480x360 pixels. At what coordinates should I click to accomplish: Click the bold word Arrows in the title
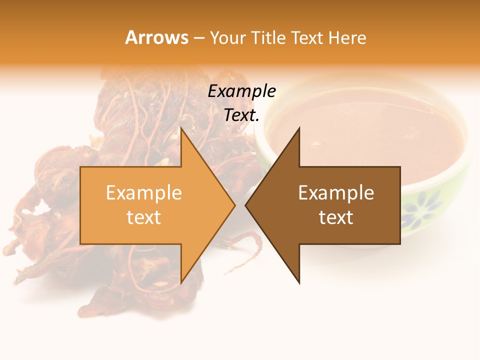coord(156,37)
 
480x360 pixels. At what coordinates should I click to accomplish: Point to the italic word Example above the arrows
coord(241,91)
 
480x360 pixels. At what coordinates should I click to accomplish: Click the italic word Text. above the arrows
coord(241,115)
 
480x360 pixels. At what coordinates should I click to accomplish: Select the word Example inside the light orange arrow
coord(144,193)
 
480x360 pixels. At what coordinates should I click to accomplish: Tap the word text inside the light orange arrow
coord(144,217)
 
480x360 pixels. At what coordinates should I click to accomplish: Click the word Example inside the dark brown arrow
coord(336,193)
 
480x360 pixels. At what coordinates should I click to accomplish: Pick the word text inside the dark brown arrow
coord(336,217)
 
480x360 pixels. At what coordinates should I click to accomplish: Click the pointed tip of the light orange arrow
coord(235,205)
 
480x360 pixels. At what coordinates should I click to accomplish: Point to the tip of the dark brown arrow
coord(245,205)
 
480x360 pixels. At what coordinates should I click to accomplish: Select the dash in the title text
coord(198,38)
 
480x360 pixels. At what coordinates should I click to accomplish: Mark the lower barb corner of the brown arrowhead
coord(299,283)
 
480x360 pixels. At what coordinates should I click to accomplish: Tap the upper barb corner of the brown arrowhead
coord(299,128)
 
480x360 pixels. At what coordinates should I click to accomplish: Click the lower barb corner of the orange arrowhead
coord(181,283)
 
